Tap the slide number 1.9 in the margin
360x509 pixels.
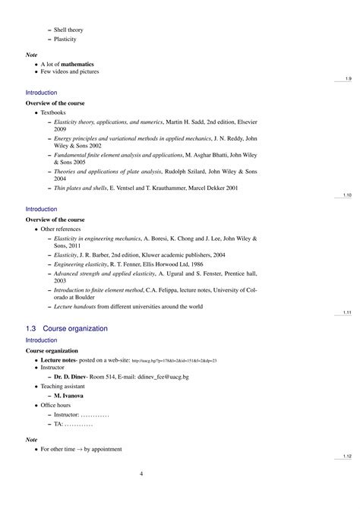click(348, 79)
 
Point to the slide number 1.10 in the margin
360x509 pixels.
click(346, 195)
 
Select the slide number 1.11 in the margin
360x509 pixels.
click(346, 313)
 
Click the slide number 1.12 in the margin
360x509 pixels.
click(346, 456)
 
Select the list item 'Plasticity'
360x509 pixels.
click(65, 39)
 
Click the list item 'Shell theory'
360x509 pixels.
click(68, 29)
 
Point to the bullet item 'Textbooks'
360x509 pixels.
click(55, 112)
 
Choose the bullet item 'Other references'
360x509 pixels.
click(62, 229)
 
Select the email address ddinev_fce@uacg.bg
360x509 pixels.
click(174, 377)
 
